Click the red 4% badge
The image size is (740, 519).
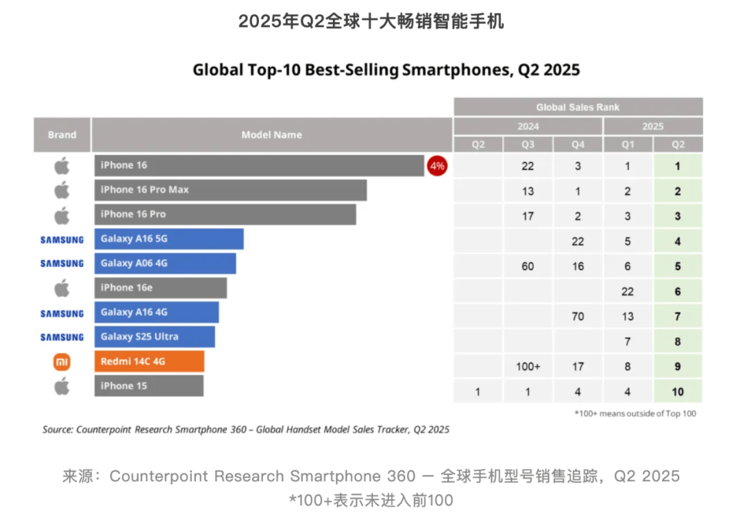tap(437, 165)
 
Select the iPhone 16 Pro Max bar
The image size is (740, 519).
tap(230, 190)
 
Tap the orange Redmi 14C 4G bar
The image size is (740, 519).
tap(149, 361)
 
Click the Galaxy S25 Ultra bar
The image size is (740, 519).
tap(155, 337)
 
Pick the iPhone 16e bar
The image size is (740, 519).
tap(160, 288)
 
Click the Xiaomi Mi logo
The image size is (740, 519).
tap(62, 361)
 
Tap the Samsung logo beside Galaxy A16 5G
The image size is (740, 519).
tap(62, 239)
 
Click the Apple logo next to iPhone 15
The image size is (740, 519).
tap(62, 386)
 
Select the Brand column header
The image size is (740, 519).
tap(62, 135)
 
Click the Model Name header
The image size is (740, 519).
tap(271, 135)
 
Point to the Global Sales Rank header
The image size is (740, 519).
tap(578, 107)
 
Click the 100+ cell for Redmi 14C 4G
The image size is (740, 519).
tap(528, 367)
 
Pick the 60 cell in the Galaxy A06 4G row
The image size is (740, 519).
tap(528, 266)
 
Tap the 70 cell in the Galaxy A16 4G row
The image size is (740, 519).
tap(578, 317)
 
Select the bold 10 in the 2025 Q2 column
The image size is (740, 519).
tap(678, 391)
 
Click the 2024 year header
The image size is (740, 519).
tap(528, 126)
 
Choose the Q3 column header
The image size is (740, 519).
tap(528, 145)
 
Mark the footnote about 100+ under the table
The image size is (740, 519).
tap(634, 413)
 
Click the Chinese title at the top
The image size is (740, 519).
tap(371, 22)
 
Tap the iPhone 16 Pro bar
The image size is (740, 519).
tap(225, 215)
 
